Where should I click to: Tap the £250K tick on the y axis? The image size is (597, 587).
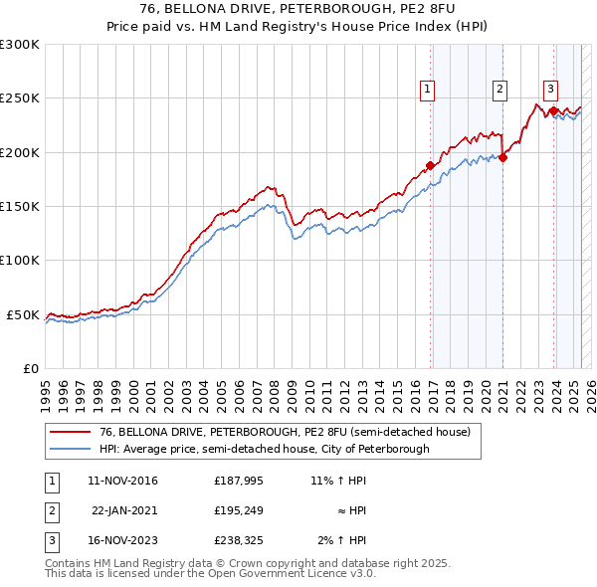click(20, 98)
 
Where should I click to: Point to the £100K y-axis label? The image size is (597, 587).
click(20, 261)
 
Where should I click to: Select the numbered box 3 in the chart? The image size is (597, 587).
click(550, 87)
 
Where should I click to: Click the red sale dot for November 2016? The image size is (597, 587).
click(430, 165)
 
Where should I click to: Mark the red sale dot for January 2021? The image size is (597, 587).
click(503, 157)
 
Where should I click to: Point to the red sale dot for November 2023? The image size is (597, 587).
click(553, 110)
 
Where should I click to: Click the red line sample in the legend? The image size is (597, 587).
click(69, 433)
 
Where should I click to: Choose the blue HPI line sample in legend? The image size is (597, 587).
click(69, 449)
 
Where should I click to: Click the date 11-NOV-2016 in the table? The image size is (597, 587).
click(123, 481)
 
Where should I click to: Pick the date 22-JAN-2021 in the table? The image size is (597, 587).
click(124, 510)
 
